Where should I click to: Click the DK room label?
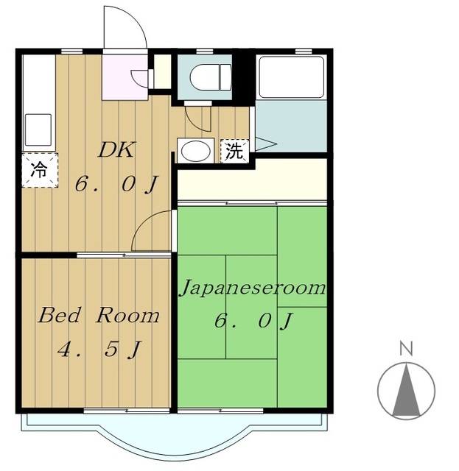click(x=116, y=150)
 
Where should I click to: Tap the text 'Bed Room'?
click(x=99, y=315)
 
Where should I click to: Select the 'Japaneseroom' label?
click(x=253, y=288)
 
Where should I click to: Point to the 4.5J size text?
click(x=99, y=350)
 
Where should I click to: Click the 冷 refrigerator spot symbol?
click(x=39, y=170)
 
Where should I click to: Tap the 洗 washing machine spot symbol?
click(x=234, y=151)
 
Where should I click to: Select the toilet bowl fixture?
click(x=211, y=77)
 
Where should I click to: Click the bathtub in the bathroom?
click(x=291, y=77)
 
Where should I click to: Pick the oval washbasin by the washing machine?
click(x=196, y=150)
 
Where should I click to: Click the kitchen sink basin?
click(x=38, y=130)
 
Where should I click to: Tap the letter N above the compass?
click(x=406, y=349)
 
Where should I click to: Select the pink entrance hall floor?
click(x=125, y=77)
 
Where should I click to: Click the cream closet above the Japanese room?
click(x=252, y=179)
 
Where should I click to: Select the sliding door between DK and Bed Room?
click(x=124, y=255)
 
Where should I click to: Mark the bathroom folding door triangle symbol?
click(x=265, y=144)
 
